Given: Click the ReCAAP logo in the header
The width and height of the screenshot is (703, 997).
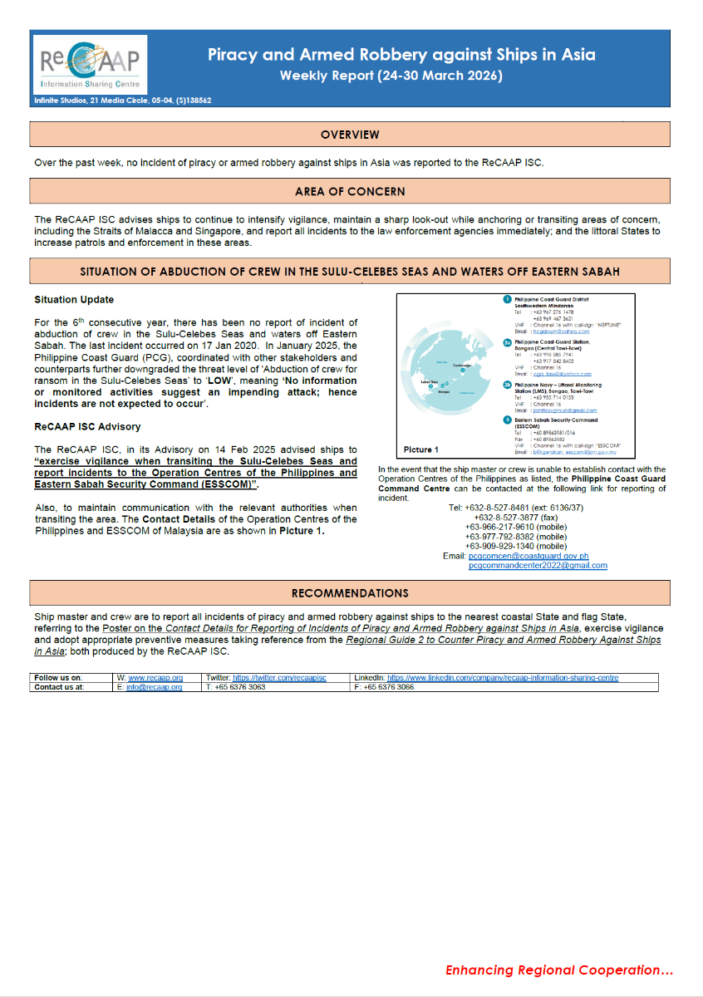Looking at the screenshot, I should click(90, 65).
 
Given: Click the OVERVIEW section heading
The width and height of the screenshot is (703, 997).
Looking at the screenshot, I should click(350, 135).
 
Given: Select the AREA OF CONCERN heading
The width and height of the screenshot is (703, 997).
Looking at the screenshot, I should click(350, 192).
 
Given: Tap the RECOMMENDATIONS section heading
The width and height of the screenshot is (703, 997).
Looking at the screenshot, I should click(350, 593).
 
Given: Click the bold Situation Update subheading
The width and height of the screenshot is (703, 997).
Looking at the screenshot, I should click(74, 300).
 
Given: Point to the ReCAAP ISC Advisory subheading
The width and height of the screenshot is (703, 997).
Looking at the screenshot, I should click(87, 427).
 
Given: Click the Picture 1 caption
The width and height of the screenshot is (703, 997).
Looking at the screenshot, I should click(420, 449).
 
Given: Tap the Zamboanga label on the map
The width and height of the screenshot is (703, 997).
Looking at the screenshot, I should click(462, 364).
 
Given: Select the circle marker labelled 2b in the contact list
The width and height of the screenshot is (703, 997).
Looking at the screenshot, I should click(507, 385).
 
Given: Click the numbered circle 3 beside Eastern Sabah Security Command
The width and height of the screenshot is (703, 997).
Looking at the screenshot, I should click(507, 420).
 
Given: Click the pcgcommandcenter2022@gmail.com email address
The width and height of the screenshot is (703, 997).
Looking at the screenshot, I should click(538, 566).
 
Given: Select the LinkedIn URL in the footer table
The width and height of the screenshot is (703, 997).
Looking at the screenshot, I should click(503, 678).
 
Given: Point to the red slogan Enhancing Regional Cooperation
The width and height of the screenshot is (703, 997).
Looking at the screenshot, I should click(558, 970).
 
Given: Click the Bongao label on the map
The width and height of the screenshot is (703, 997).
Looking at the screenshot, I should click(444, 390).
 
